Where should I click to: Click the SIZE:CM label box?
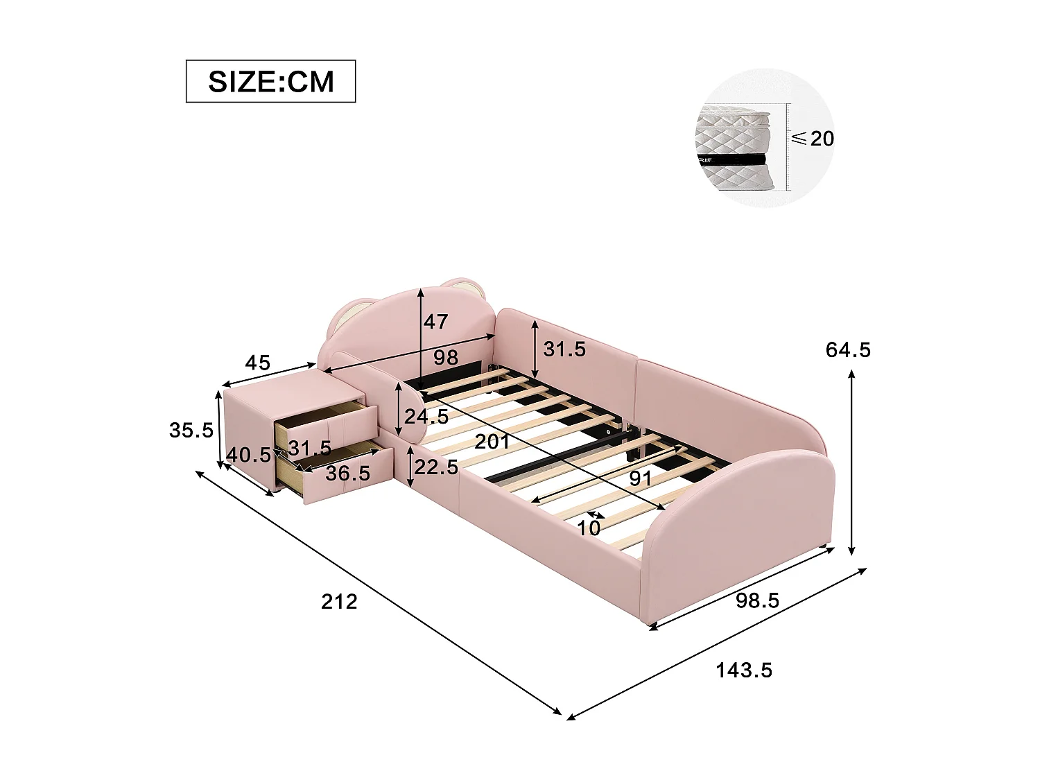click(270, 81)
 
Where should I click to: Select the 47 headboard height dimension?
click(436, 322)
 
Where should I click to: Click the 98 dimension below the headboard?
click(445, 358)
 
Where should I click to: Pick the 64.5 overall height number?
click(848, 350)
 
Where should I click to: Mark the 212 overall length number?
click(339, 601)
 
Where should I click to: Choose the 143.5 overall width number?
click(744, 670)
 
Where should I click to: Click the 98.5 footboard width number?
click(757, 600)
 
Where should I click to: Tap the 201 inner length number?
click(492, 442)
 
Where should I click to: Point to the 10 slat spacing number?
click(589, 528)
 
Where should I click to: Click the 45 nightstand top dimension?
click(257, 362)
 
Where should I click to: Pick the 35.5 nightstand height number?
click(191, 431)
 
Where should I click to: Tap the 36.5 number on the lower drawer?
click(347, 473)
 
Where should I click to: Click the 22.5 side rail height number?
click(436, 467)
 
